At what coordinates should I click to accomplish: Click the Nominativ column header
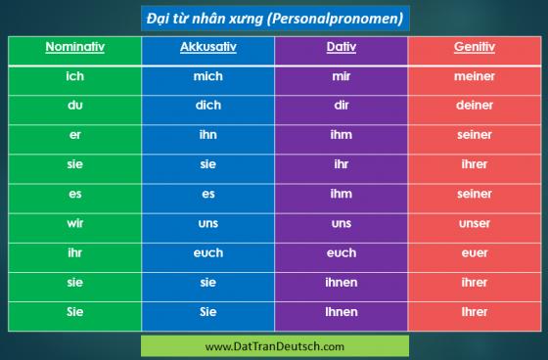[74, 47]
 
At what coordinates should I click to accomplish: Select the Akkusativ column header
[208, 47]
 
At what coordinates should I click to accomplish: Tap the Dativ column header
[342, 47]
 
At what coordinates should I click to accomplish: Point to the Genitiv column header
[475, 47]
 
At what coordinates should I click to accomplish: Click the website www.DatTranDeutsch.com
[275, 346]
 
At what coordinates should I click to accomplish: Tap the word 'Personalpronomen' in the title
[335, 19]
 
